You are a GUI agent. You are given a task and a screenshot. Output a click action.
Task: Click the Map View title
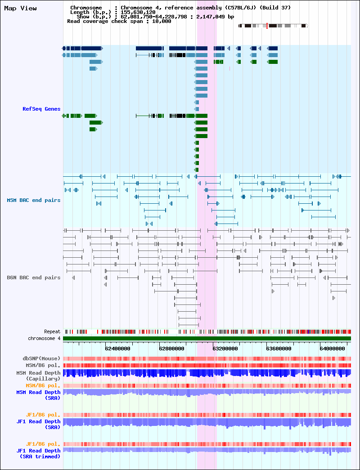[x=20, y=9]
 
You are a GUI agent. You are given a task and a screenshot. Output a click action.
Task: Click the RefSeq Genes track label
[x=41, y=109]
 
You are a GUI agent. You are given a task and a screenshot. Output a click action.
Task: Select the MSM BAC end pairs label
[x=34, y=200]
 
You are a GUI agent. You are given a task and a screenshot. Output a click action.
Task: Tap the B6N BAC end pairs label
[x=34, y=278]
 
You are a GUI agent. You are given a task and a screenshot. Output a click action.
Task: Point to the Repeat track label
[x=52, y=331]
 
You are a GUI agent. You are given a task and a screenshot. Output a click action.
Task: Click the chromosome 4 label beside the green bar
[x=45, y=338]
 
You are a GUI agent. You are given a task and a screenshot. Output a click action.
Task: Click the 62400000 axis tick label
[x=117, y=349]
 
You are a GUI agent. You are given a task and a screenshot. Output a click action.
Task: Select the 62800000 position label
[x=171, y=349]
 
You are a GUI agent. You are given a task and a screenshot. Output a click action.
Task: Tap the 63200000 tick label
[x=225, y=349]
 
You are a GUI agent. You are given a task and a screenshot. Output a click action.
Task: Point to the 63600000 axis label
[x=279, y=349]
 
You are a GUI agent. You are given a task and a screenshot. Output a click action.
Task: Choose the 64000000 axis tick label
[x=333, y=349]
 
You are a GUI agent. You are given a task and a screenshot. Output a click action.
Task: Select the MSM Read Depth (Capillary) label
[x=38, y=376]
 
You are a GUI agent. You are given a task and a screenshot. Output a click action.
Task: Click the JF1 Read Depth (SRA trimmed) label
[x=38, y=453]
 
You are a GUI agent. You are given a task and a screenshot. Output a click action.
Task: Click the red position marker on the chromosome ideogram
[x=267, y=26]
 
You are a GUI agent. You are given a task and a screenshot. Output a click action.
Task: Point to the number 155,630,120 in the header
[x=138, y=12]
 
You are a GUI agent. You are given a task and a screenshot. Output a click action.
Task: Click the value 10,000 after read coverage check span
[x=162, y=21]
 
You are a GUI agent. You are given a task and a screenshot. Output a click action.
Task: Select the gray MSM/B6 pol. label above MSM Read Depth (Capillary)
[x=43, y=366]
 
